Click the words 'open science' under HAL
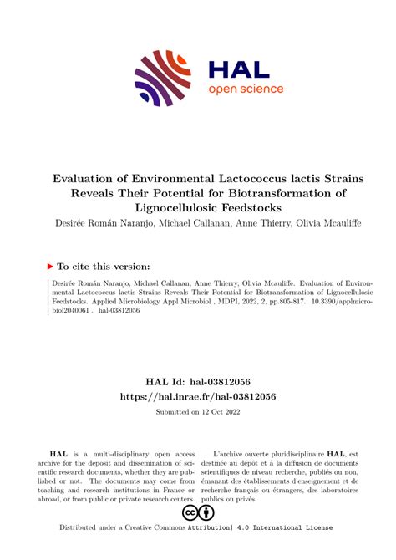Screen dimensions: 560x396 tap(246, 89)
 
